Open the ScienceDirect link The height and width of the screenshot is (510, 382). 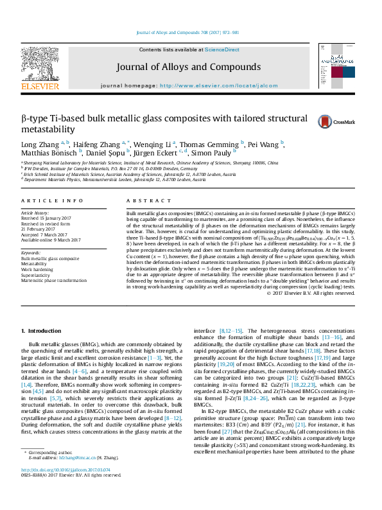click(x=222, y=49)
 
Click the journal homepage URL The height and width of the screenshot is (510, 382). click(x=219, y=85)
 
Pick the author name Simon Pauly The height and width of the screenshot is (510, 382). click(x=214, y=153)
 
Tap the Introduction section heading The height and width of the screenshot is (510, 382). click(x=42, y=331)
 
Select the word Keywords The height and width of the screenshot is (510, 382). click(x=31, y=253)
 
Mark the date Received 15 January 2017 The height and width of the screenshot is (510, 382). click(x=48, y=217)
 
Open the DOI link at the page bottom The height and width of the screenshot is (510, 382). click(x=60, y=488)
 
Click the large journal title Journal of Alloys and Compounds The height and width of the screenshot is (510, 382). click(x=188, y=67)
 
